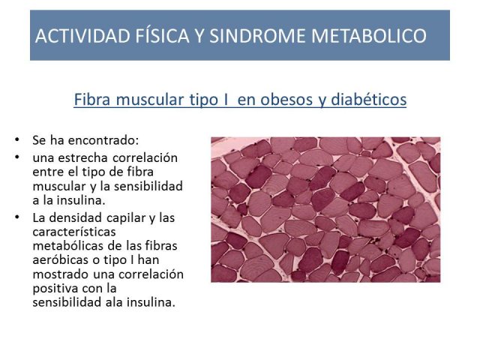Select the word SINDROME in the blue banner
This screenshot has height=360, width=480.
[x=257, y=35]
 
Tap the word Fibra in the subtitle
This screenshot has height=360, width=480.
[x=92, y=100]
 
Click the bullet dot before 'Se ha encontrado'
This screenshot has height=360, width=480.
[x=16, y=140]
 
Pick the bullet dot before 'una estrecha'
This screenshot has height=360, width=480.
[x=16, y=157]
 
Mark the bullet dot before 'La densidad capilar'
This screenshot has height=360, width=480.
[x=16, y=217]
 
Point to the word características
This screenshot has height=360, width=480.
[x=74, y=232]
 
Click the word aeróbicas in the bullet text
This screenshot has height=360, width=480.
[x=60, y=260]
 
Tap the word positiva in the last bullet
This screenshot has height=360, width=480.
[x=51, y=289]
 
